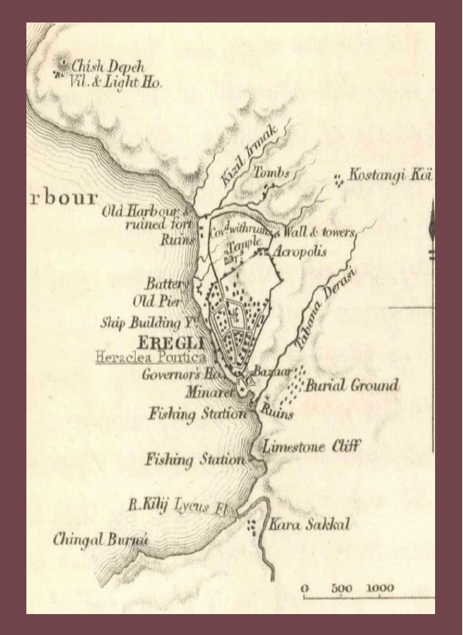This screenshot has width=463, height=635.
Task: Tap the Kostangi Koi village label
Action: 389,177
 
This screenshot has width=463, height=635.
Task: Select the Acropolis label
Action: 300,252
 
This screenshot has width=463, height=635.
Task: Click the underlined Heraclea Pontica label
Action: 150,358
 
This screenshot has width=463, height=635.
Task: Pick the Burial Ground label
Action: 352,385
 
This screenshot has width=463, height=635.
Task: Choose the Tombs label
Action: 271,174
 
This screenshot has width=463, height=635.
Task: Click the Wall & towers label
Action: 319,232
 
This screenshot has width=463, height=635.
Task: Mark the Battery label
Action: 167,284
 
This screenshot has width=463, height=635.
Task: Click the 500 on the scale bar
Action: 342,588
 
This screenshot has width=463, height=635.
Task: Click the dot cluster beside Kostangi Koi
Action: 337,180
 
